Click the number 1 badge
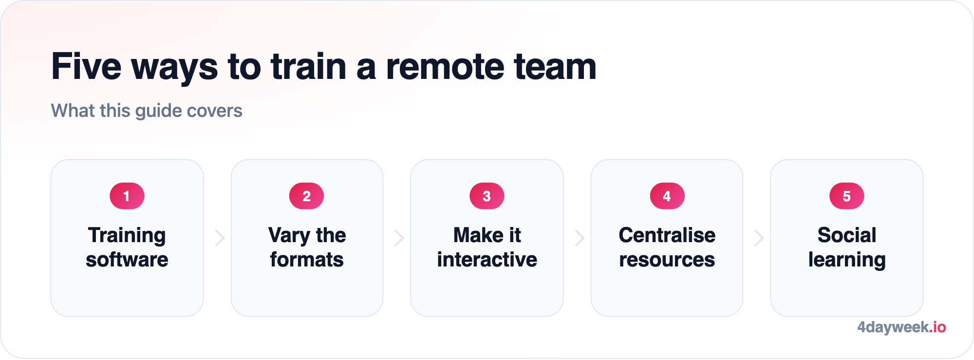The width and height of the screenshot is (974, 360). click(x=127, y=196)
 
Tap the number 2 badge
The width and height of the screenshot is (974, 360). click(x=307, y=196)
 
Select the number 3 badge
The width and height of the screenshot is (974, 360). click(x=487, y=196)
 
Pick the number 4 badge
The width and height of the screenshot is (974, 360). click(x=667, y=196)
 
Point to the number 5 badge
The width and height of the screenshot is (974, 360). click(x=847, y=196)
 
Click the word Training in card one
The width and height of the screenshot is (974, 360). click(x=127, y=236)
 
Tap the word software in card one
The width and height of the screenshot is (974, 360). click(x=127, y=260)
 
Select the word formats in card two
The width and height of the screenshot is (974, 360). click(x=307, y=260)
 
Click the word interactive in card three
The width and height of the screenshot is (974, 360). click(x=487, y=260)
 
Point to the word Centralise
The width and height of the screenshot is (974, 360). click(x=667, y=235)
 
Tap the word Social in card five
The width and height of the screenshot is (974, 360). click(x=847, y=235)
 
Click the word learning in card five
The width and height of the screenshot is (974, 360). click(x=847, y=261)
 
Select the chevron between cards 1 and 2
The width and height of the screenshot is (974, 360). click(x=220, y=238)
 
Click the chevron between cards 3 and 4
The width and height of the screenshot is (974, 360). click(x=580, y=238)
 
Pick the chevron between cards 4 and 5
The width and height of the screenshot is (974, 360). click(x=759, y=238)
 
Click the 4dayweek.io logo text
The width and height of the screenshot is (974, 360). click(x=901, y=327)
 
